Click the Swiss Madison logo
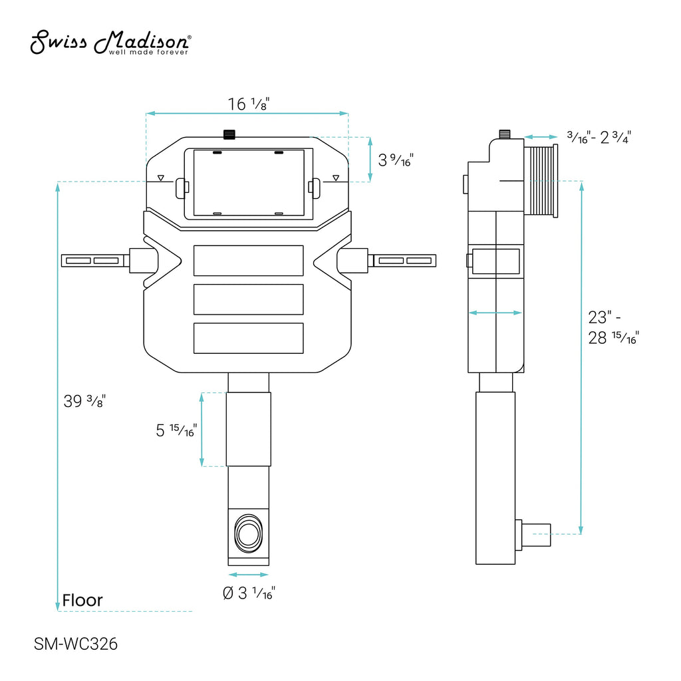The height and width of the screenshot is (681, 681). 111,42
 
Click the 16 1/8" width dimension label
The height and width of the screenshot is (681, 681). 249,104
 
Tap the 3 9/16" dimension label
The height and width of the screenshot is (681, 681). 396,160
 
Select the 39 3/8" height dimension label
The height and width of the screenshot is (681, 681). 84,401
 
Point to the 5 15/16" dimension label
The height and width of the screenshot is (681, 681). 176,430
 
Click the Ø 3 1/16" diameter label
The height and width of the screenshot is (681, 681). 249,593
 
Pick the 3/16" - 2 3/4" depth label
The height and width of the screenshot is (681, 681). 599,137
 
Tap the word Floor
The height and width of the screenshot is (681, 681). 82,601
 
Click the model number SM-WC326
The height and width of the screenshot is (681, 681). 76,644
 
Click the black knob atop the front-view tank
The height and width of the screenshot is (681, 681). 229,134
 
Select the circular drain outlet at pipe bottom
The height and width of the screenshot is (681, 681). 249,534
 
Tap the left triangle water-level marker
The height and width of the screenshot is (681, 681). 161,178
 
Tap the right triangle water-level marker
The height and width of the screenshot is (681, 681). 336,178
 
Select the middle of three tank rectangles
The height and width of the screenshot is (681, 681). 249,299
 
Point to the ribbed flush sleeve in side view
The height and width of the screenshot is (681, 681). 541,181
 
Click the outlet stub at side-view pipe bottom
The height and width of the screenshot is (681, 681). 533,535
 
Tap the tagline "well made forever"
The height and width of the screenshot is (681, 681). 148,52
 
